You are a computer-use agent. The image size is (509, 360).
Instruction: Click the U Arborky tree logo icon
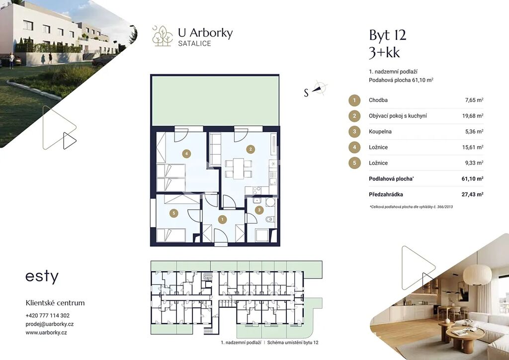(163, 36)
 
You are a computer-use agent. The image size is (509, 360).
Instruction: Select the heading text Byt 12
(388, 35)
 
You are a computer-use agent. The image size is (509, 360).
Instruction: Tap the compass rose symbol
(320, 88)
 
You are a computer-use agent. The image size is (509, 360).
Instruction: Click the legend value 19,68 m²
(473, 116)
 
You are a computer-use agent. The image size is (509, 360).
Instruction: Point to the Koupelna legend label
(380, 131)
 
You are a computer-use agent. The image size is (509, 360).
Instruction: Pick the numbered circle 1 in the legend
(354, 100)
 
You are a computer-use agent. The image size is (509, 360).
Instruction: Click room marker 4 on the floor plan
(186, 154)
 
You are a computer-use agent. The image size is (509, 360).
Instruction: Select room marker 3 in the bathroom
(259, 210)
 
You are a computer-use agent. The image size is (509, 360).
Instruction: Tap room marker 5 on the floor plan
(174, 213)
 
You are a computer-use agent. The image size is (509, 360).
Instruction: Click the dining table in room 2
(239, 169)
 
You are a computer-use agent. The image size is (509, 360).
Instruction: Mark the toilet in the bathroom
(270, 220)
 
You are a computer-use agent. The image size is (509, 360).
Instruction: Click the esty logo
(42, 276)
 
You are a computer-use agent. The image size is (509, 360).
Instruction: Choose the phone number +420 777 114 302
(47, 316)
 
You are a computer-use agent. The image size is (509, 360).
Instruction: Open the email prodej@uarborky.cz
(50, 324)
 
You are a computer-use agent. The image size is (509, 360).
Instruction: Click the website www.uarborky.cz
(46, 333)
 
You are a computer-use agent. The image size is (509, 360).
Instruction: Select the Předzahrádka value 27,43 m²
(472, 194)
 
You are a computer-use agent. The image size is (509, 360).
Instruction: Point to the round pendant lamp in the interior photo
(477, 275)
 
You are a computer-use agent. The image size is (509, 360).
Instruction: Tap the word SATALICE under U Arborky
(194, 43)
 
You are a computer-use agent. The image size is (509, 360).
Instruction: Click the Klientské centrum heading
(55, 303)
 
